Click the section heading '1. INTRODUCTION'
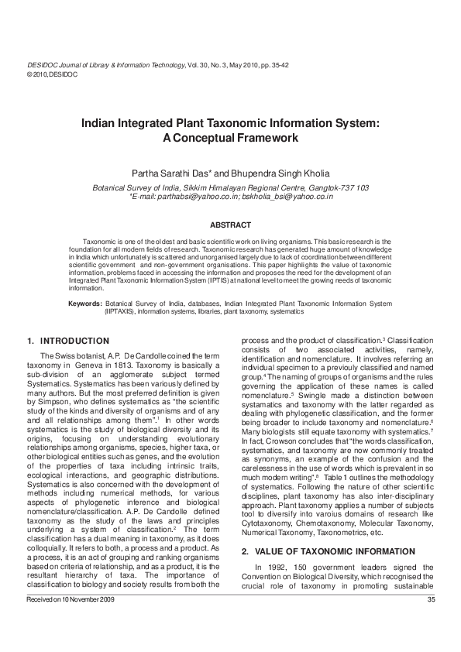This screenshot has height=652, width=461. [x=68, y=341]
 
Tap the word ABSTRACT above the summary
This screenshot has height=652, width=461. [x=230, y=225]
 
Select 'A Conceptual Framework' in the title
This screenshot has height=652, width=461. [x=230, y=138]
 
